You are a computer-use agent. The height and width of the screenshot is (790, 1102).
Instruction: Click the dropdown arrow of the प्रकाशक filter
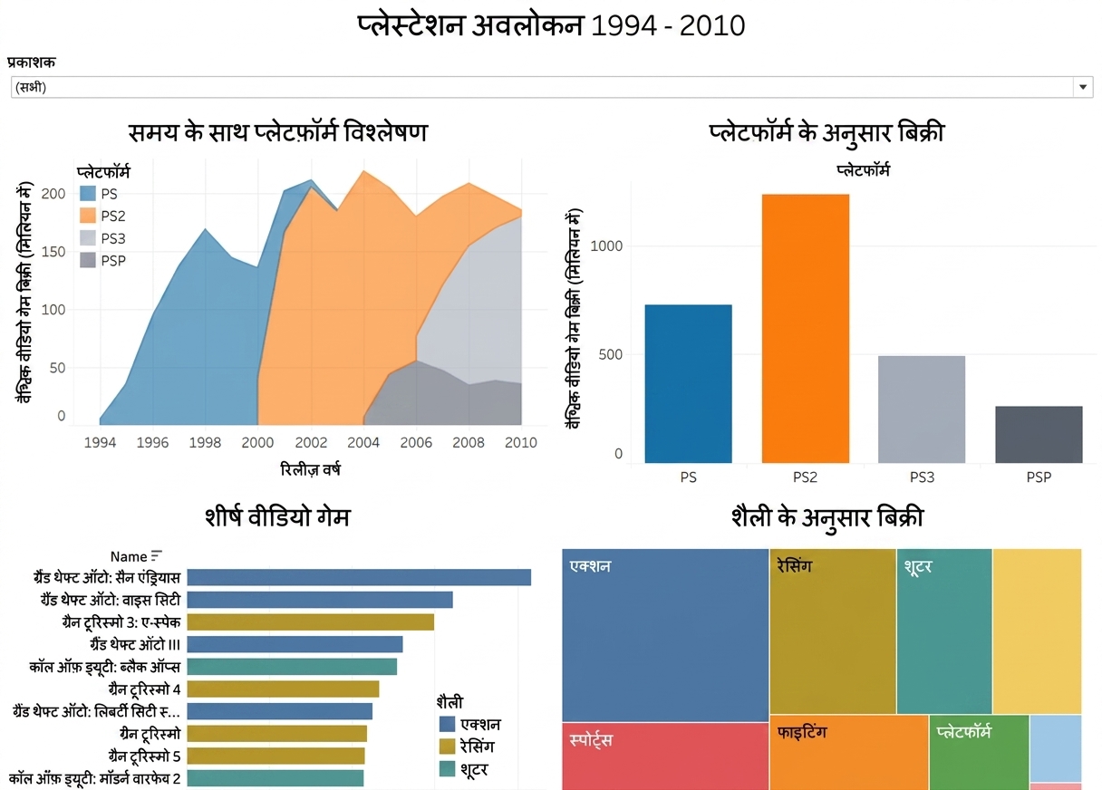coord(1082,87)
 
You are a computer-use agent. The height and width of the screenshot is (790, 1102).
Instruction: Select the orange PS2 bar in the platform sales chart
coord(806,328)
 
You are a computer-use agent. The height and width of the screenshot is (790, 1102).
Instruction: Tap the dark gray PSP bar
coord(1039,434)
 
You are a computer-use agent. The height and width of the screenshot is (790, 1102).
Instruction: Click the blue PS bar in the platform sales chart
coord(688,384)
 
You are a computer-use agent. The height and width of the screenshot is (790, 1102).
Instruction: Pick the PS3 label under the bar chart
coord(922,477)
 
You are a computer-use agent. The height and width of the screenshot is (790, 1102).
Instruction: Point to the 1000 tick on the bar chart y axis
coord(606,246)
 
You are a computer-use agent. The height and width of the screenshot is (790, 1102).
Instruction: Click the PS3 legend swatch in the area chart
coord(88,238)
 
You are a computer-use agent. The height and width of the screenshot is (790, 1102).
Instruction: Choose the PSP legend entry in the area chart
coord(102,261)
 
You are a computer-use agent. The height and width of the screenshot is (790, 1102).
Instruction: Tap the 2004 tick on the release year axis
coord(363,442)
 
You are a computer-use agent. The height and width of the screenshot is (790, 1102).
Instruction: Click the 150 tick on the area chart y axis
coord(53,252)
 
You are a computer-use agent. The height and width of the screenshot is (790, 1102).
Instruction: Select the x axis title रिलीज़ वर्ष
coord(310,470)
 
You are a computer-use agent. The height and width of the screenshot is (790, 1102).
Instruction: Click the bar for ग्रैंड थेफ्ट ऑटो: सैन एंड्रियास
coord(359,577)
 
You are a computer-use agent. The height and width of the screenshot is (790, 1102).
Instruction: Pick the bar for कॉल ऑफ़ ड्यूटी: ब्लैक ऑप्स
coord(292,667)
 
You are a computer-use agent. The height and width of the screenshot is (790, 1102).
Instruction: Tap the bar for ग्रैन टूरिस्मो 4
coord(283,689)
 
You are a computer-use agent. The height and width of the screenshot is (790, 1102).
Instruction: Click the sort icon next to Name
coord(157,556)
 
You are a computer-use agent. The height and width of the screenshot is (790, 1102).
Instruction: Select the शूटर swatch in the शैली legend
coord(447,769)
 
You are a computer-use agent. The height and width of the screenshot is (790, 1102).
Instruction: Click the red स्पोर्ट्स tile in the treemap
coord(665,756)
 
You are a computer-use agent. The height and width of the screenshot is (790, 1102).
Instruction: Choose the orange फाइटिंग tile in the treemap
coord(848,753)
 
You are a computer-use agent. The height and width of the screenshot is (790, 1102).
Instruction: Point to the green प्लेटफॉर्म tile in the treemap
coord(979,753)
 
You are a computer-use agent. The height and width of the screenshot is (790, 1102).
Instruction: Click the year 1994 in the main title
coord(623,25)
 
